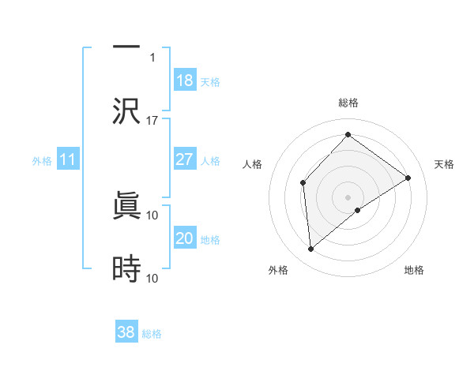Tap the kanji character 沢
click(x=126, y=112)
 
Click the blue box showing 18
click(x=185, y=81)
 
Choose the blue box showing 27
click(x=185, y=159)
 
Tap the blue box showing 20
click(x=185, y=238)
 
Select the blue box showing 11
click(x=68, y=160)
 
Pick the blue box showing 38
click(x=126, y=332)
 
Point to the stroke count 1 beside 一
click(x=152, y=57)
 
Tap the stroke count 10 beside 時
click(x=152, y=278)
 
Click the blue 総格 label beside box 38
click(x=152, y=334)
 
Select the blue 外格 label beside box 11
click(x=42, y=161)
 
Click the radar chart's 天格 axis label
click(x=444, y=164)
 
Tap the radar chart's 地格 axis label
click(x=414, y=270)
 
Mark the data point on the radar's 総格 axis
click(x=348, y=135)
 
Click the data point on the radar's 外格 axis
click(x=311, y=249)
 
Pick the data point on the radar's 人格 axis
click(x=303, y=183)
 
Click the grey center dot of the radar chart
click(x=348, y=197)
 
